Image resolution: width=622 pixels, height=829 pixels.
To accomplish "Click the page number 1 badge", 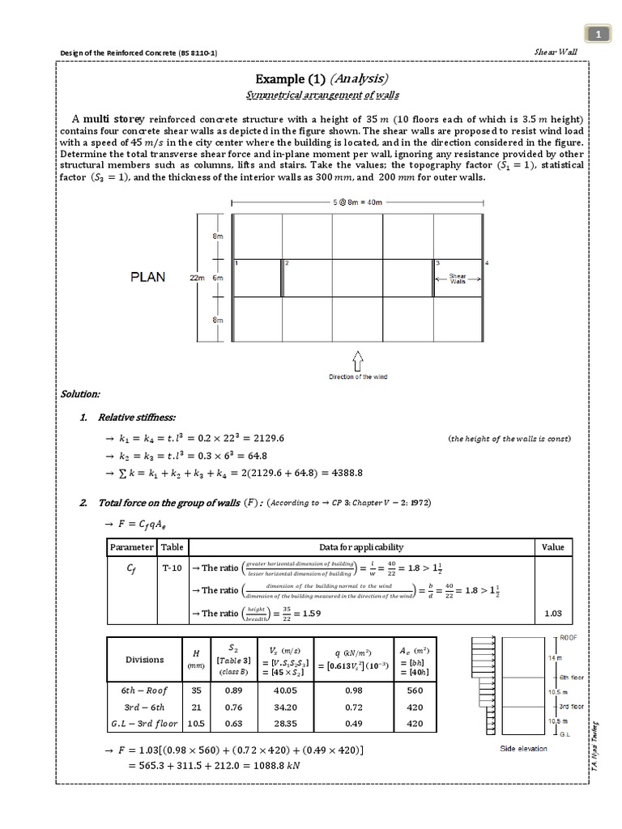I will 598,34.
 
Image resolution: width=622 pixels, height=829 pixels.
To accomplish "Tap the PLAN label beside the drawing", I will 148,277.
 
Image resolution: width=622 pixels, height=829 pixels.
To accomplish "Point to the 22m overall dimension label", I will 197,277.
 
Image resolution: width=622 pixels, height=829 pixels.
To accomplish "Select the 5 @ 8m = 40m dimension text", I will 358,201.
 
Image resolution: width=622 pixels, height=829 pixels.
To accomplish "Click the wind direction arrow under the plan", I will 358,360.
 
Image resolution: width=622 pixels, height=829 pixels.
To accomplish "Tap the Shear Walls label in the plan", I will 458,277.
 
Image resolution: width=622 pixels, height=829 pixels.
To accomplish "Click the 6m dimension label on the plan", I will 217,277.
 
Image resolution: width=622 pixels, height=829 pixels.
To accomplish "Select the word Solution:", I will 80,393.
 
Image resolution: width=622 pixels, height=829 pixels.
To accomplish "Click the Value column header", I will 552,547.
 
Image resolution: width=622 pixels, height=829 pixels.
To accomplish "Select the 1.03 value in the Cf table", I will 552,614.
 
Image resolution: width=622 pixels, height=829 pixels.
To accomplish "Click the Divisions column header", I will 144,659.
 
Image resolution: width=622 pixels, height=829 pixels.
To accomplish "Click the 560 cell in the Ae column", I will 415,691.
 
